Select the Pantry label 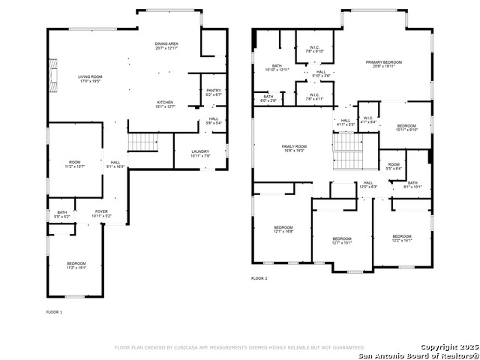[214, 92]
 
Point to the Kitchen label [166, 104]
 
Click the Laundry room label [200, 153]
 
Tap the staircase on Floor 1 [141, 141]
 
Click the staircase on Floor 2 [347, 151]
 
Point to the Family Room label [294, 148]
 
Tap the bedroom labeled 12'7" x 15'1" [341, 240]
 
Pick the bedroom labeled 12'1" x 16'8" [283, 229]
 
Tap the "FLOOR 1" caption [55, 311]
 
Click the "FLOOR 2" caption [259, 278]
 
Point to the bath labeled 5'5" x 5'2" [61, 214]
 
